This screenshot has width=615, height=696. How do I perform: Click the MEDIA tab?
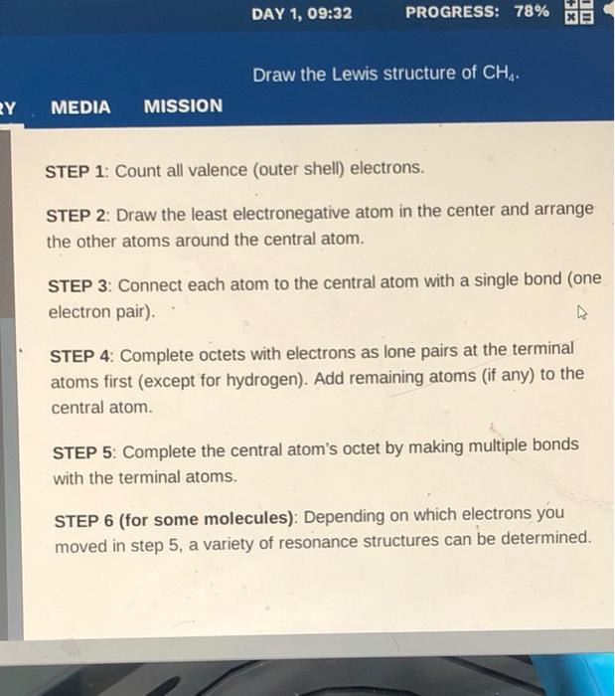[80, 106]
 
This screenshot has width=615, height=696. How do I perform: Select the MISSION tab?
[183, 105]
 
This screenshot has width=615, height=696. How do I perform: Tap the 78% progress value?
[531, 13]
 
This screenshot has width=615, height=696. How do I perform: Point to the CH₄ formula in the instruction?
[500, 75]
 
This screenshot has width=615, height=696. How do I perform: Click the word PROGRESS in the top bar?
[451, 13]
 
